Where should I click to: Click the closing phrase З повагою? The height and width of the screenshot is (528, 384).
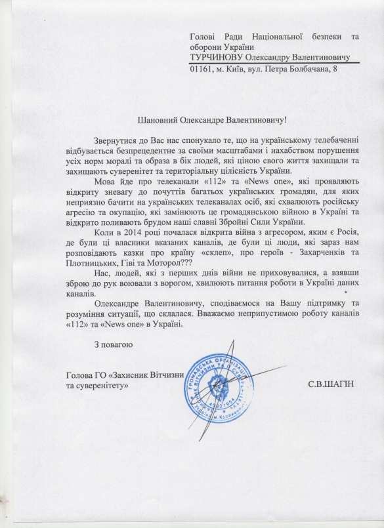114,344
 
